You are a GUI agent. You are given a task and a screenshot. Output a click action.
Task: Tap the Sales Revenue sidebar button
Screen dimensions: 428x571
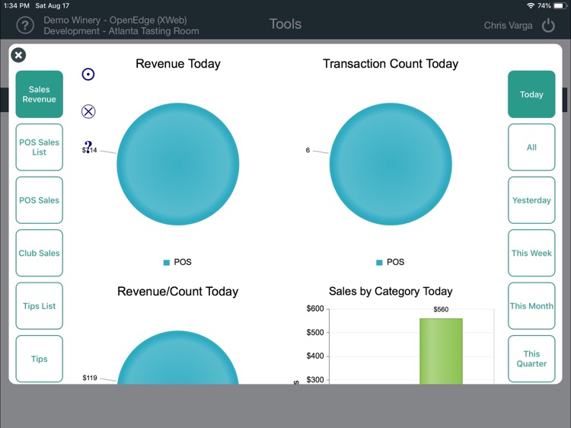pos(39,94)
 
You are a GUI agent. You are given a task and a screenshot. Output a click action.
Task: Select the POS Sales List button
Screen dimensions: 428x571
pos(39,147)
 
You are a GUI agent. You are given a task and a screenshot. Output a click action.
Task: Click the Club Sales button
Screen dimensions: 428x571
pos(39,253)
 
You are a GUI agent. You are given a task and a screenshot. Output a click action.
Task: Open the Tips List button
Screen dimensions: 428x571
pos(39,306)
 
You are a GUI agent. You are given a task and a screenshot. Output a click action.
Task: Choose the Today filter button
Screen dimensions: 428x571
pos(531,94)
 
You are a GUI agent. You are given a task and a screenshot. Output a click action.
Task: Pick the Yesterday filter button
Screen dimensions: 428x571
pos(531,200)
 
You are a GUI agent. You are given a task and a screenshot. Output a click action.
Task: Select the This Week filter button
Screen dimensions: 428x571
pos(531,253)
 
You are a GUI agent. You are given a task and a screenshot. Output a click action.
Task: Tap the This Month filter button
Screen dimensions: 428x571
pos(531,306)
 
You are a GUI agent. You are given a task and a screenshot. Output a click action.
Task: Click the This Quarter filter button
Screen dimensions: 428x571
pos(531,359)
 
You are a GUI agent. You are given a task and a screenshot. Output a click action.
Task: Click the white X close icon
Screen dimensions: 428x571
pos(18,55)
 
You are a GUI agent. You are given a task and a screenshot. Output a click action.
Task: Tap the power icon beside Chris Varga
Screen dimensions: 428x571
pos(548,25)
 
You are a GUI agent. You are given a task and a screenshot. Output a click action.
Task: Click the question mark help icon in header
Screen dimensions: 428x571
pos(25,25)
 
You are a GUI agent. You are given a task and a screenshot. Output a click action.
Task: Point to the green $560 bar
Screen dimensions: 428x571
pos(441,350)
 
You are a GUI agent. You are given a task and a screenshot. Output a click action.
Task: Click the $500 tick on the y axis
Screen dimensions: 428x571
pos(314,333)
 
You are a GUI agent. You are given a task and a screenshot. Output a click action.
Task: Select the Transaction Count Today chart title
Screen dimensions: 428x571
pos(391,64)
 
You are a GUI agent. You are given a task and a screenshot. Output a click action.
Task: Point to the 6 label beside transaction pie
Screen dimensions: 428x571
pos(308,151)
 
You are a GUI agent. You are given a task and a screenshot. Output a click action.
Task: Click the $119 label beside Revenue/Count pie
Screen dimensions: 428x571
pos(90,378)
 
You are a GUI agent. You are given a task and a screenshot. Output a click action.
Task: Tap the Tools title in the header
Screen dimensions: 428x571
pos(285,24)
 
